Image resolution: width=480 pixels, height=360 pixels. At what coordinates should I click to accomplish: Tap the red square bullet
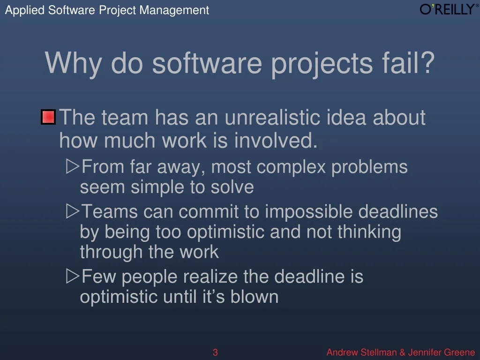(48, 117)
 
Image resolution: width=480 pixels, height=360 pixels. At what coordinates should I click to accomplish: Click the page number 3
(215, 352)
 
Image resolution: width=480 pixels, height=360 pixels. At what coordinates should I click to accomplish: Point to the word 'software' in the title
(207, 63)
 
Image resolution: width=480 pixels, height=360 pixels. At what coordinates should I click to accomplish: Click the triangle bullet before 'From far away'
(73, 166)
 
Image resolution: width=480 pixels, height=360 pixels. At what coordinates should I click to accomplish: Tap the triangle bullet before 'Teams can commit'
(73, 211)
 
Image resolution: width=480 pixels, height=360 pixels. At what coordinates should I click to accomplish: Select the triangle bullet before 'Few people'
(73, 276)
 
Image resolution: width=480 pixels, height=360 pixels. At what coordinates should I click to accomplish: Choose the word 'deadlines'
(398, 212)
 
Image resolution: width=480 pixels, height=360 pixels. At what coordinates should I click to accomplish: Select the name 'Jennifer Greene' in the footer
(442, 352)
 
